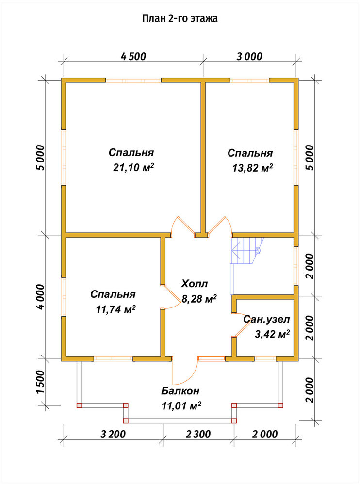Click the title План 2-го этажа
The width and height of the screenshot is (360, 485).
pyautogui.click(x=180, y=18)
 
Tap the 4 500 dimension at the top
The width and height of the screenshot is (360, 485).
pyautogui.click(x=133, y=57)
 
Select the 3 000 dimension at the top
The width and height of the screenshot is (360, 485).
pyautogui.click(x=249, y=57)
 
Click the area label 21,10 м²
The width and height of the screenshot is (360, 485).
pyautogui.click(x=134, y=168)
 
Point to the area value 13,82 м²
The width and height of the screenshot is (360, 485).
pyautogui.click(x=253, y=168)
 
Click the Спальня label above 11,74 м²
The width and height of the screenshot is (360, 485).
pyautogui.click(x=113, y=294)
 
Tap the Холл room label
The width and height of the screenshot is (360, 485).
pyautogui.click(x=195, y=283)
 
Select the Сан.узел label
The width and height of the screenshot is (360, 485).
pyautogui.click(x=266, y=319)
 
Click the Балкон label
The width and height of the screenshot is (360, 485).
pyautogui.click(x=180, y=391)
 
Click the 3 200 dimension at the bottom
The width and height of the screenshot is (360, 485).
pyautogui.click(x=114, y=434)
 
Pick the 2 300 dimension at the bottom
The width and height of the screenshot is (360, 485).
pyautogui.click(x=198, y=434)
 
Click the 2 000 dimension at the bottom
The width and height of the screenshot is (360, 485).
pyautogui.click(x=265, y=434)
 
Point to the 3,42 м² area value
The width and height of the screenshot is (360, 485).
pyautogui.click(x=272, y=334)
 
